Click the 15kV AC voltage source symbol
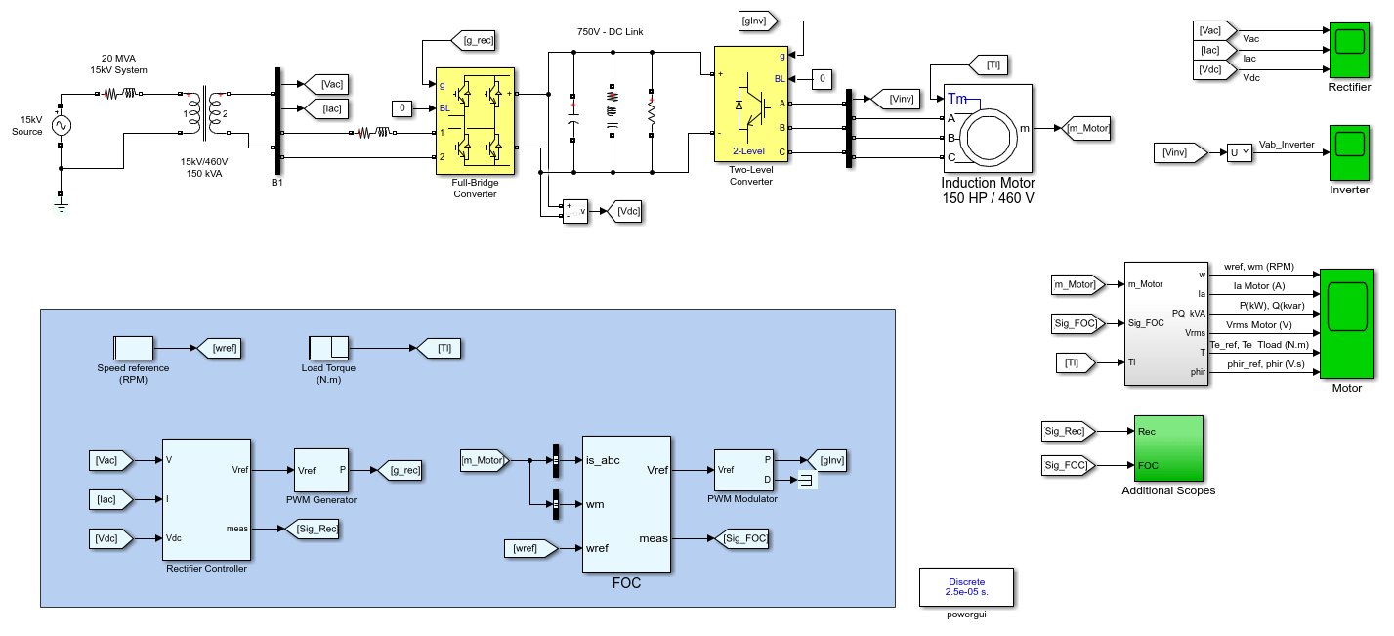pyautogui.click(x=61, y=126)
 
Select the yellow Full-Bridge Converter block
pyautogui.click(x=475, y=121)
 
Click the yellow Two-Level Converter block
pyautogui.click(x=751, y=104)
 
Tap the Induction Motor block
pyautogui.click(x=988, y=128)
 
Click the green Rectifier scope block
pyautogui.click(x=1349, y=51)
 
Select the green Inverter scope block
pyautogui.click(x=1349, y=153)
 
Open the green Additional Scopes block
pyautogui.click(x=1168, y=448)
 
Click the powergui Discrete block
pyautogui.click(x=966, y=587)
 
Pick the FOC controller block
pyautogui.click(x=626, y=505)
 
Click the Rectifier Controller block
pyautogui.click(x=207, y=500)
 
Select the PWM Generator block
pyautogui.click(x=321, y=471)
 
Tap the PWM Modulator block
pyautogui.click(x=743, y=471)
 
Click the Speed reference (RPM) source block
pyautogui.click(x=133, y=348)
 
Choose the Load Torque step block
pyautogui.click(x=328, y=348)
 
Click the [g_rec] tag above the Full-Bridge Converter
pyautogui.click(x=474, y=41)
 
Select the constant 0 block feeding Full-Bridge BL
pyautogui.click(x=402, y=108)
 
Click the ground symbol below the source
pyautogui.click(x=61, y=205)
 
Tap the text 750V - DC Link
pyautogui.click(x=610, y=31)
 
